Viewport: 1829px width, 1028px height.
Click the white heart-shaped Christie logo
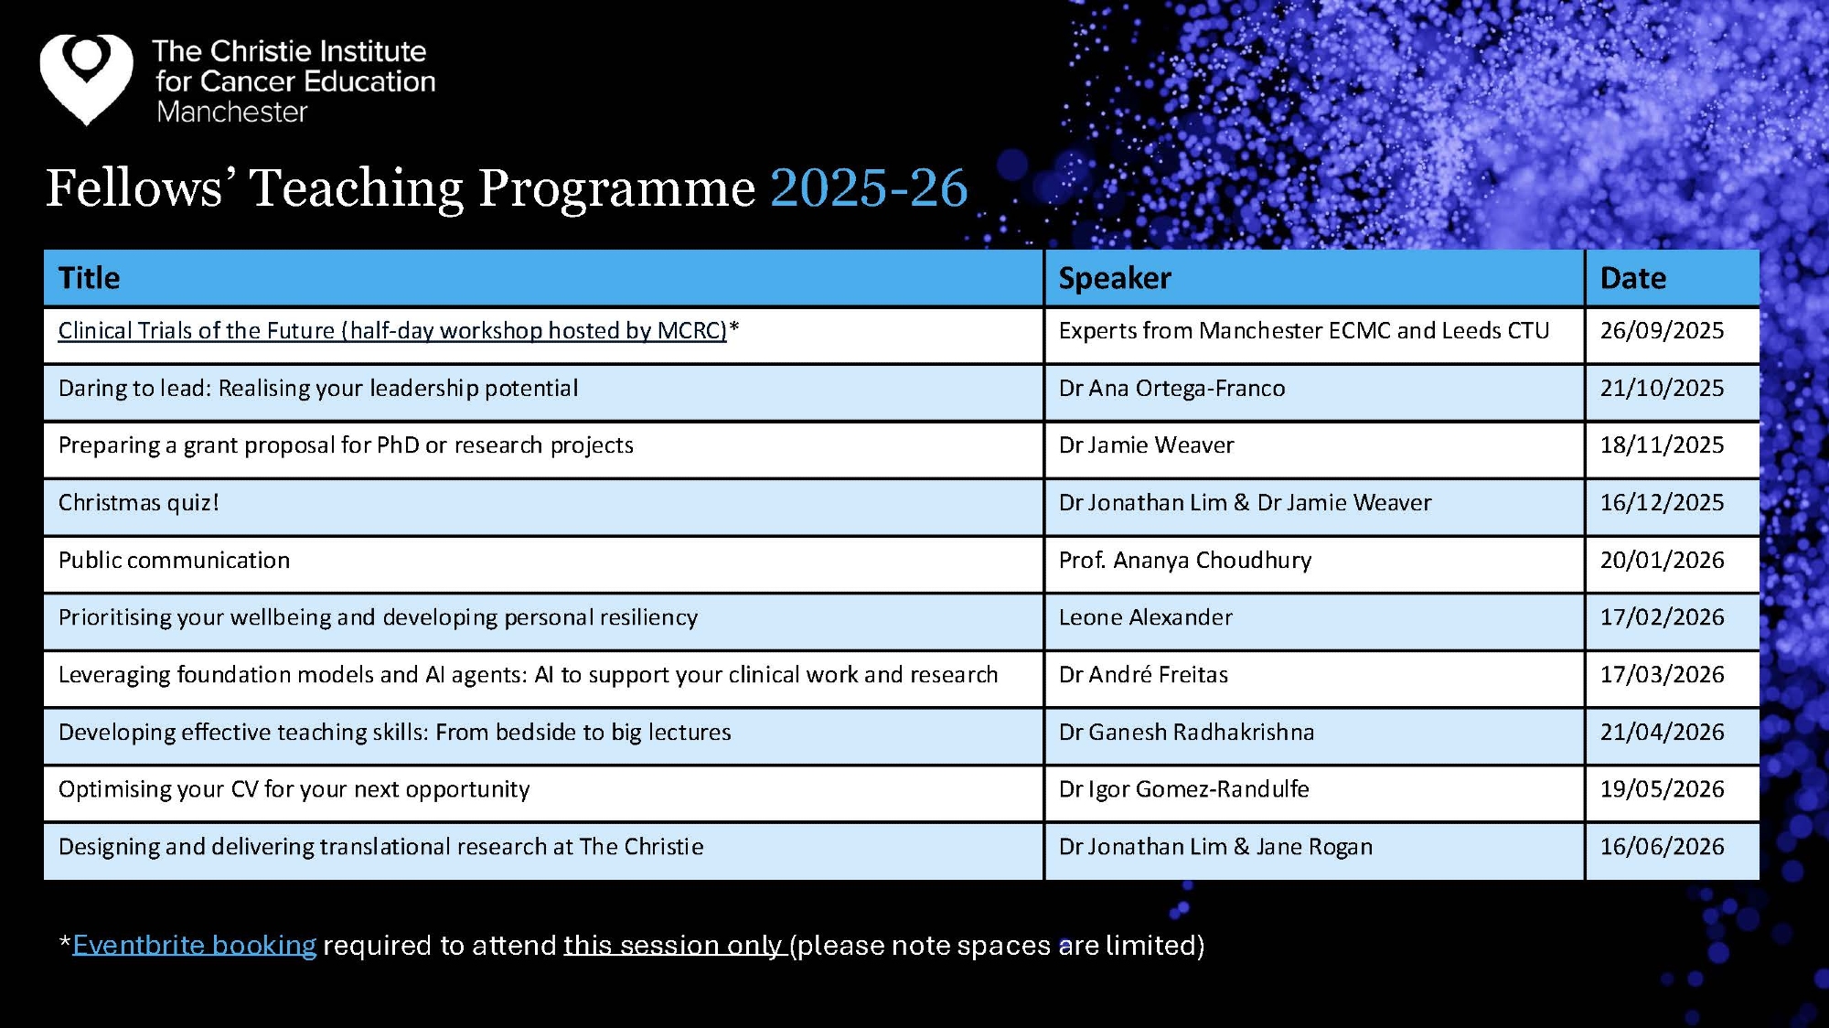(x=86, y=79)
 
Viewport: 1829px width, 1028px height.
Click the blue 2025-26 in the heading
(x=869, y=188)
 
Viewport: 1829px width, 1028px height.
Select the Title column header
(x=90, y=278)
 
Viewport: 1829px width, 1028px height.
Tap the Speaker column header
(x=1115, y=278)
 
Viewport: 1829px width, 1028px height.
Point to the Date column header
(x=1633, y=278)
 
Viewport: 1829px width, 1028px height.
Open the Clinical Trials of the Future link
(x=392, y=331)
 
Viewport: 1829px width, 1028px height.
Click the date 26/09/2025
(x=1662, y=331)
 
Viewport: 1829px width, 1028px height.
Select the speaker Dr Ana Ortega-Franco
(x=1171, y=389)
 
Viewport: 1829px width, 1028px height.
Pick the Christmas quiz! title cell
(x=139, y=503)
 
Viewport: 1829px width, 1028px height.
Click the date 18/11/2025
(x=1662, y=445)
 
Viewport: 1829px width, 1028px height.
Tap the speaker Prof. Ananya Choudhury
(x=1185, y=561)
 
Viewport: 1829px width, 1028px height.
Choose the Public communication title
(x=174, y=561)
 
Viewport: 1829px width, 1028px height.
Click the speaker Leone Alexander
(x=1146, y=617)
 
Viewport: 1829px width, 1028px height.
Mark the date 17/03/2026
(x=1662, y=675)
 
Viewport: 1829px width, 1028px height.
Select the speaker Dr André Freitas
(x=1143, y=675)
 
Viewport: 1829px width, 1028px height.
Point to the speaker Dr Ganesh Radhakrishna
(x=1186, y=733)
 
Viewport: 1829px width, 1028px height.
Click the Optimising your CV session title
(x=294, y=789)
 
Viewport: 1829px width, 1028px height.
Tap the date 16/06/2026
(x=1662, y=847)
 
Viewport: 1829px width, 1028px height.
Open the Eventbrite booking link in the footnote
(x=194, y=945)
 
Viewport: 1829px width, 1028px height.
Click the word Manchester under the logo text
(x=232, y=112)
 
